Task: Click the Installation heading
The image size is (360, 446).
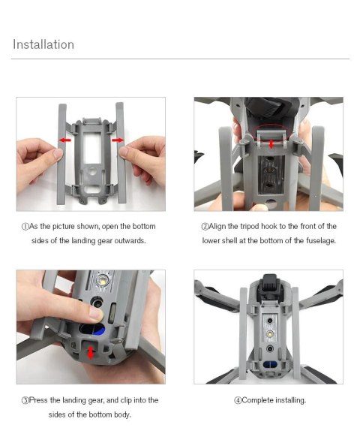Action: point(43,44)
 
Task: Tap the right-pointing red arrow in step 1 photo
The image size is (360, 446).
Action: point(118,140)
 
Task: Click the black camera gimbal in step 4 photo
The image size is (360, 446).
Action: point(268,288)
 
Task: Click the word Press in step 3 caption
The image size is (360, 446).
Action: point(38,400)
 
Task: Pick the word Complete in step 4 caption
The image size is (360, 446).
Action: point(259,400)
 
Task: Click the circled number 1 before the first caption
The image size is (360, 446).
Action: point(24,226)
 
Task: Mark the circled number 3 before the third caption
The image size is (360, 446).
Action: point(24,400)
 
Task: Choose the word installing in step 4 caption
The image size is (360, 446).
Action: point(291,400)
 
